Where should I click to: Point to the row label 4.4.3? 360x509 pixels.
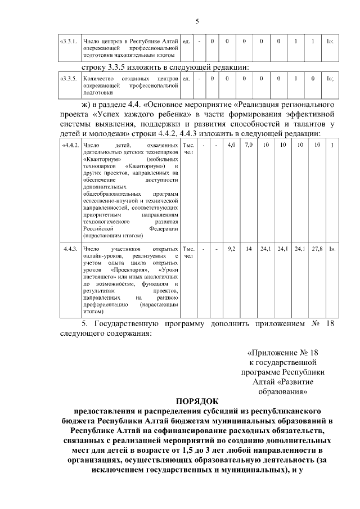point(70,248)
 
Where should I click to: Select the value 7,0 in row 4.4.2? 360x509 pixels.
point(248,146)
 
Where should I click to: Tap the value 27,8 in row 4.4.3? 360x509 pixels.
point(318,248)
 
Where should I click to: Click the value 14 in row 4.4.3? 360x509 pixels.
point(248,248)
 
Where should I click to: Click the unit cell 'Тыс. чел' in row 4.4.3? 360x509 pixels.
point(188,252)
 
